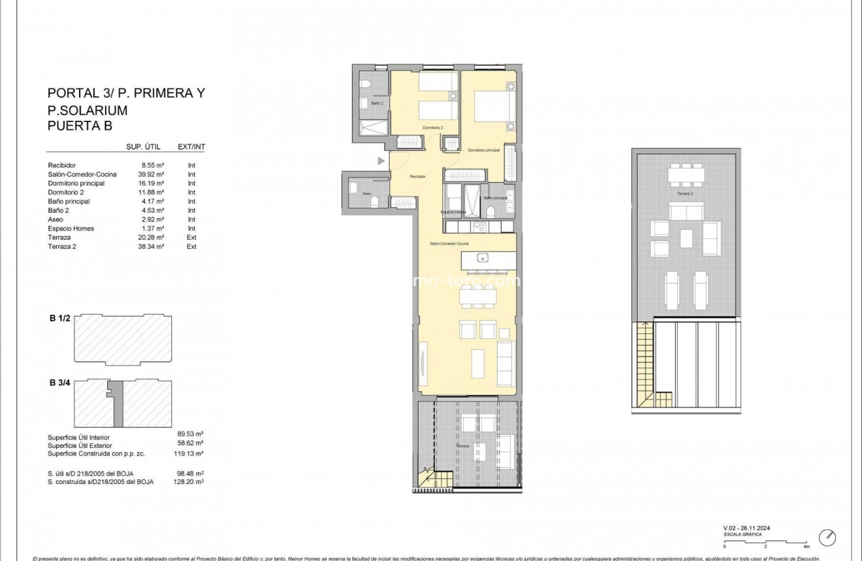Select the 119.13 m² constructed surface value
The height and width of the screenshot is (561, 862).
(191, 453)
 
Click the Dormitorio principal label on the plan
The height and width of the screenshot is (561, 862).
(484, 150)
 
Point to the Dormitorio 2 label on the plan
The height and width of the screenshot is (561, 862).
(432, 127)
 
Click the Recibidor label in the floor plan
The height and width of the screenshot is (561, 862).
(418, 176)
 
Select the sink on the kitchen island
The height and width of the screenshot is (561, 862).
(483, 257)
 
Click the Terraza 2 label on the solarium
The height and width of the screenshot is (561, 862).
(684, 194)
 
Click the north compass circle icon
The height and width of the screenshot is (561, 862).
(827, 537)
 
